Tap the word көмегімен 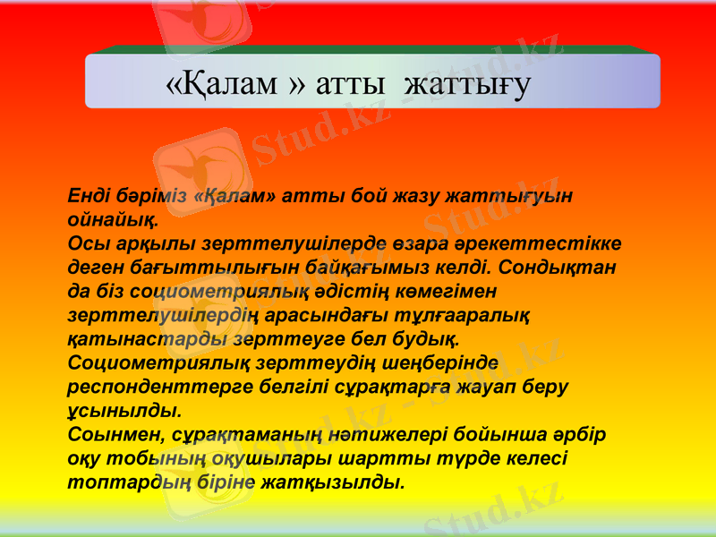tap(447, 292)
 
